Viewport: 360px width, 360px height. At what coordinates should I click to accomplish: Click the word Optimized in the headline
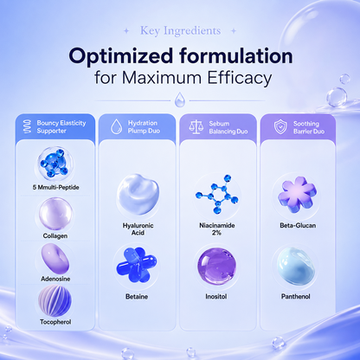121,56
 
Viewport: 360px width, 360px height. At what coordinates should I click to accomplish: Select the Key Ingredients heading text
181,31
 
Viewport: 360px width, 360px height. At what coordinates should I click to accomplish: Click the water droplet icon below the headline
180,100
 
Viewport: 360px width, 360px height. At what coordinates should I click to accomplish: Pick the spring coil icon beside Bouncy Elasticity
28,126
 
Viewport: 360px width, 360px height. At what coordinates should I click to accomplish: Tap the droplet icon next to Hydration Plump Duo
117,126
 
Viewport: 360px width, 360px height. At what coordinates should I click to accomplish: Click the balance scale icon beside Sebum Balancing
196,127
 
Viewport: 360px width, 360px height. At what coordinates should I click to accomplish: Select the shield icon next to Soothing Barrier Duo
280,127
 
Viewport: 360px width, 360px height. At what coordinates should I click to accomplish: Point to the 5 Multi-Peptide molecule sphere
54,164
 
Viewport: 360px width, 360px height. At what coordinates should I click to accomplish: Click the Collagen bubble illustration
55,214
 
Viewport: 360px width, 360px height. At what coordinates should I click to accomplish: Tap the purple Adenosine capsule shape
55,259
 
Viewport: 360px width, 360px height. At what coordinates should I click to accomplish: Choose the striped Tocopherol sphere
55,301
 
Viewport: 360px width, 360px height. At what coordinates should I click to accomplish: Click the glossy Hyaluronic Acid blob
138,195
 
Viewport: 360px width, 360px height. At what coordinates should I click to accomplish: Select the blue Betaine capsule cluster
137,265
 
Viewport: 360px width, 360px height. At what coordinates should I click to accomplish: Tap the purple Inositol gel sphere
216,267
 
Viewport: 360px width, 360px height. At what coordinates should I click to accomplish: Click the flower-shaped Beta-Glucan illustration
297,195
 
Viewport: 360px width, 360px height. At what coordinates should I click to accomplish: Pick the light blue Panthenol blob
296,267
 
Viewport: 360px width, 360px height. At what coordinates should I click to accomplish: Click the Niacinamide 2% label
217,229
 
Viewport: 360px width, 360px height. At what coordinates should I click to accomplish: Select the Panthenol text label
296,297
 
